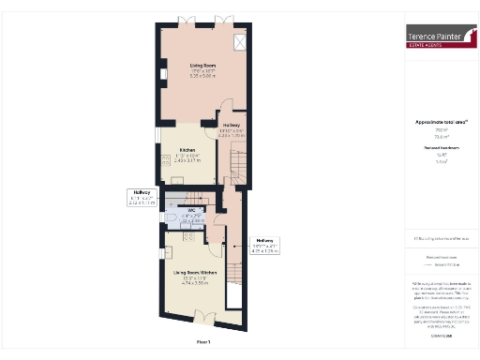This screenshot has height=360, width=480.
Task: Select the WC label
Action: coord(190,210)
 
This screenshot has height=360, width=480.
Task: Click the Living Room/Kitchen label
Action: coord(195,273)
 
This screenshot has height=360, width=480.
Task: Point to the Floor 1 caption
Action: coord(202,341)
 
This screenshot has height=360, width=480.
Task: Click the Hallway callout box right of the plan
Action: coord(267,247)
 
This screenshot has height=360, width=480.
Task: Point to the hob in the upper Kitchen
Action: coord(166,158)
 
